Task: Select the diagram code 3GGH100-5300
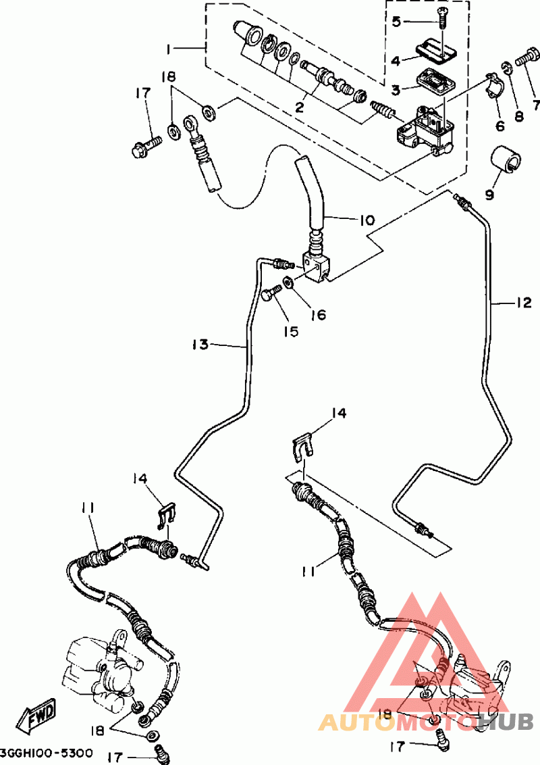(x=47, y=754)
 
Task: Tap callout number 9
(x=490, y=195)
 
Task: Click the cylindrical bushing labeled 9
(x=505, y=159)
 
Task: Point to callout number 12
(x=523, y=303)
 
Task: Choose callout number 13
(x=200, y=345)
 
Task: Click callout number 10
(x=367, y=220)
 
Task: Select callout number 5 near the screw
(x=396, y=22)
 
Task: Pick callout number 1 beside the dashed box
(x=168, y=49)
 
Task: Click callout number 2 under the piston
(x=299, y=106)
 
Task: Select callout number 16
(x=318, y=314)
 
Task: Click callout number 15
(x=290, y=331)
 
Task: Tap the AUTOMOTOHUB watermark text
(x=426, y=721)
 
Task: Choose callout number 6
(x=500, y=126)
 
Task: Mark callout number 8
(x=518, y=116)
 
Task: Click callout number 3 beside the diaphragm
(x=396, y=90)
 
